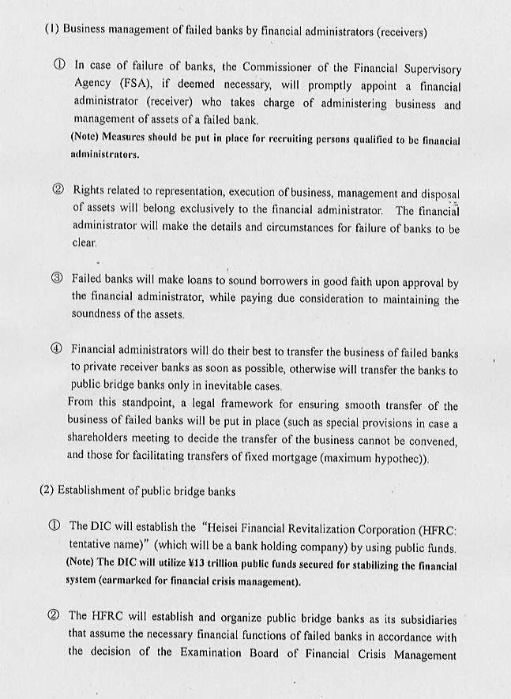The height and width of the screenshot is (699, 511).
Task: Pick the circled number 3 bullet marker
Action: click(56, 280)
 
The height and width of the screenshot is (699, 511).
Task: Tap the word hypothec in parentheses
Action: click(400, 457)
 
